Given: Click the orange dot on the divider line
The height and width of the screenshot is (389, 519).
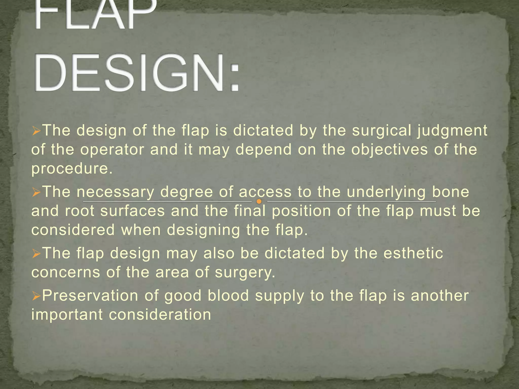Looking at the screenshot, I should pos(259,202).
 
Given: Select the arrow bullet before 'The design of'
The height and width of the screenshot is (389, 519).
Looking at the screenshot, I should pos(36,131).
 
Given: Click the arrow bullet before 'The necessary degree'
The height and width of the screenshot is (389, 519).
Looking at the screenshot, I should pos(36,193).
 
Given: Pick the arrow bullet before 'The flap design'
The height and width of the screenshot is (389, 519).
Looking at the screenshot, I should pos(36,254).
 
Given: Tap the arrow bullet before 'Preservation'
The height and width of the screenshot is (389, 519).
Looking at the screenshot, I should pos(36,296).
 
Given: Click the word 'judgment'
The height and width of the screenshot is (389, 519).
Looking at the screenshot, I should pos(452,131).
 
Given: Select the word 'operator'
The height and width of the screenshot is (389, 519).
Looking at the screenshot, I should pos(112,150).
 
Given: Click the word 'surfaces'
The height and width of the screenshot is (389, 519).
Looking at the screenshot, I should pos(133,211).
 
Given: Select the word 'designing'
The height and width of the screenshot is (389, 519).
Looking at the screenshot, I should pos(203,230).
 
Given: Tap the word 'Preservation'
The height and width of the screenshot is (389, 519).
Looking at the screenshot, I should pos(90,296).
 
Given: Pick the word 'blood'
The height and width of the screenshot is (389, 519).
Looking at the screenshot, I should pos(228,296).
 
